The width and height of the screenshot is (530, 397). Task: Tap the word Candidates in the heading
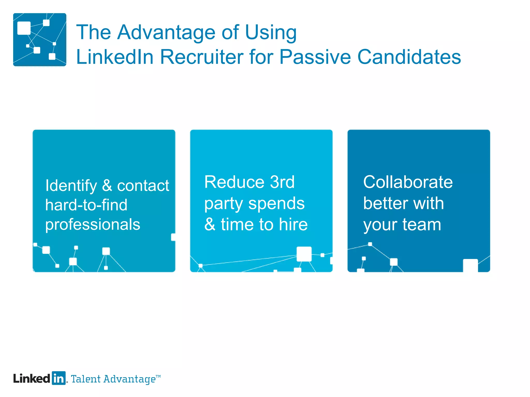(x=409, y=57)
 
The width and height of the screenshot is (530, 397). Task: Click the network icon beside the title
(x=40, y=40)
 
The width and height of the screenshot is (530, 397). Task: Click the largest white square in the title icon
(x=24, y=28)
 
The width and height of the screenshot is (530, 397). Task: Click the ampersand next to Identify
(x=107, y=186)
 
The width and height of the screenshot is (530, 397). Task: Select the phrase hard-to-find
(x=86, y=205)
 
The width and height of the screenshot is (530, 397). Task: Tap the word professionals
(x=93, y=225)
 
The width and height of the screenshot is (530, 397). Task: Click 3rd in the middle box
(x=282, y=182)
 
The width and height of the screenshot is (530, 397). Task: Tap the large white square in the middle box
(x=304, y=254)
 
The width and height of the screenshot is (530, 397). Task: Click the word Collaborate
(x=408, y=182)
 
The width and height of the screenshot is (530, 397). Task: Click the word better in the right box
(x=385, y=203)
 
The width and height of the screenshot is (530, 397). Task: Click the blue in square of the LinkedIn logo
(x=59, y=378)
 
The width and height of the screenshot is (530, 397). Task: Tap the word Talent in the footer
(x=86, y=379)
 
